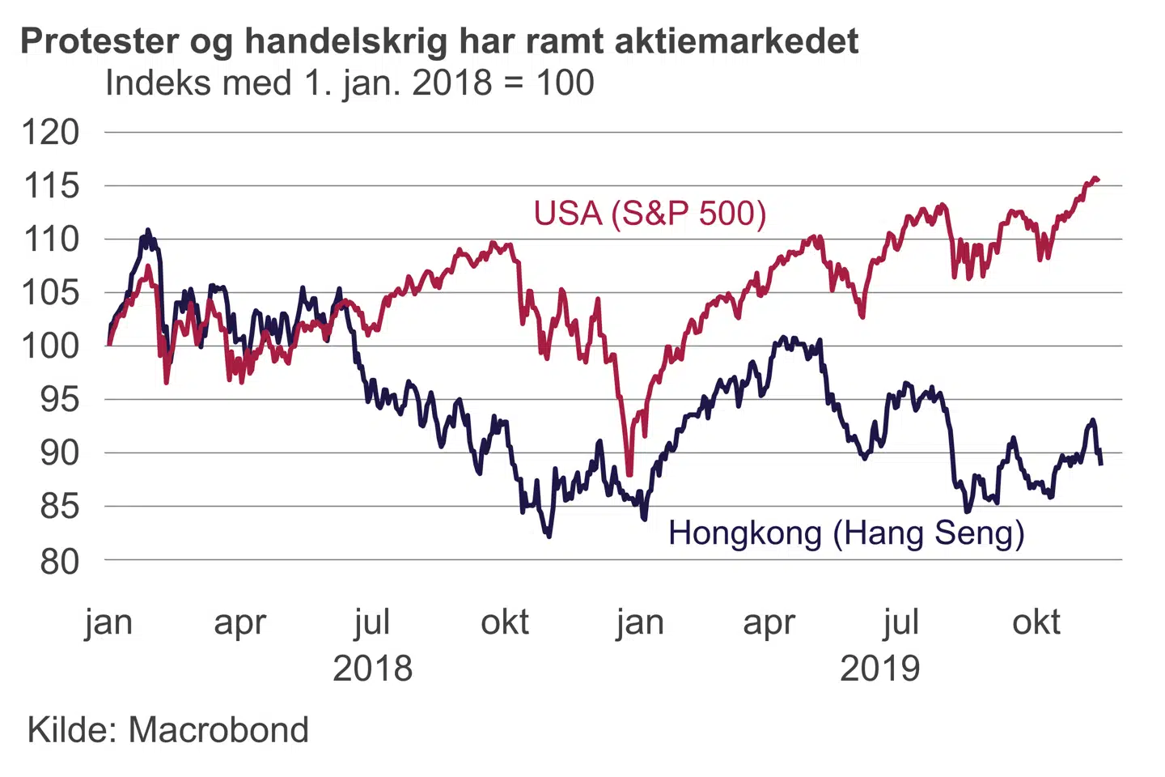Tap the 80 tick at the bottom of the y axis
tap(60, 560)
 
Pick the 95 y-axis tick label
tap(60, 399)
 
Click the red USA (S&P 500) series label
tap(650, 214)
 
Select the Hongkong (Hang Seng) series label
tap(846, 533)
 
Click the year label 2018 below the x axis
tap(373, 669)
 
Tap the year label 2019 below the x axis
tap(880, 669)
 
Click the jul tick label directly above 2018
tap(373, 622)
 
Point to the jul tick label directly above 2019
tap(901, 622)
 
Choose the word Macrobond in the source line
tap(218, 730)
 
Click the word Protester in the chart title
tap(101, 41)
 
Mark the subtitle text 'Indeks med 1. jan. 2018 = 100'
tap(349, 83)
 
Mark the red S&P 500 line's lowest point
tap(629, 474)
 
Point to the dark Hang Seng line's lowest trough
tap(549, 536)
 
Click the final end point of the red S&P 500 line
tap(1097, 180)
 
